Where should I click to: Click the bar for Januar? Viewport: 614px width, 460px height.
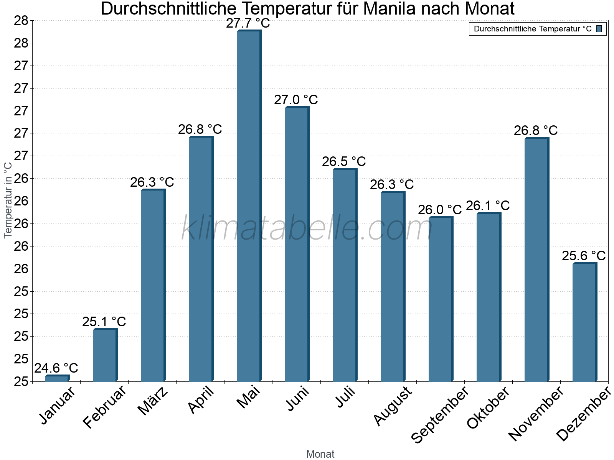(57, 378)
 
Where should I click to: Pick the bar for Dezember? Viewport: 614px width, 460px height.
(584, 322)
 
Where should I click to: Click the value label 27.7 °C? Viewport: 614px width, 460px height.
(248, 23)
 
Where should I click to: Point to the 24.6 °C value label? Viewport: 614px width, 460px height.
(56, 368)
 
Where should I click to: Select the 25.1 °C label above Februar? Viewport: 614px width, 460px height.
(104, 322)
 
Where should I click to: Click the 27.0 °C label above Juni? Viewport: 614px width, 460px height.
(296, 100)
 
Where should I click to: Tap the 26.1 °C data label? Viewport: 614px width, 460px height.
(488, 206)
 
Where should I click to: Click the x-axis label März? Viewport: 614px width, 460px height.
(153, 401)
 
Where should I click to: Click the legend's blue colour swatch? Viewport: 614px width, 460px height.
(599, 29)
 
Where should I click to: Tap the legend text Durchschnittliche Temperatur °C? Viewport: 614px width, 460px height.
(533, 29)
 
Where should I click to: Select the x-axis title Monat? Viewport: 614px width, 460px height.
(320, 454)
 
